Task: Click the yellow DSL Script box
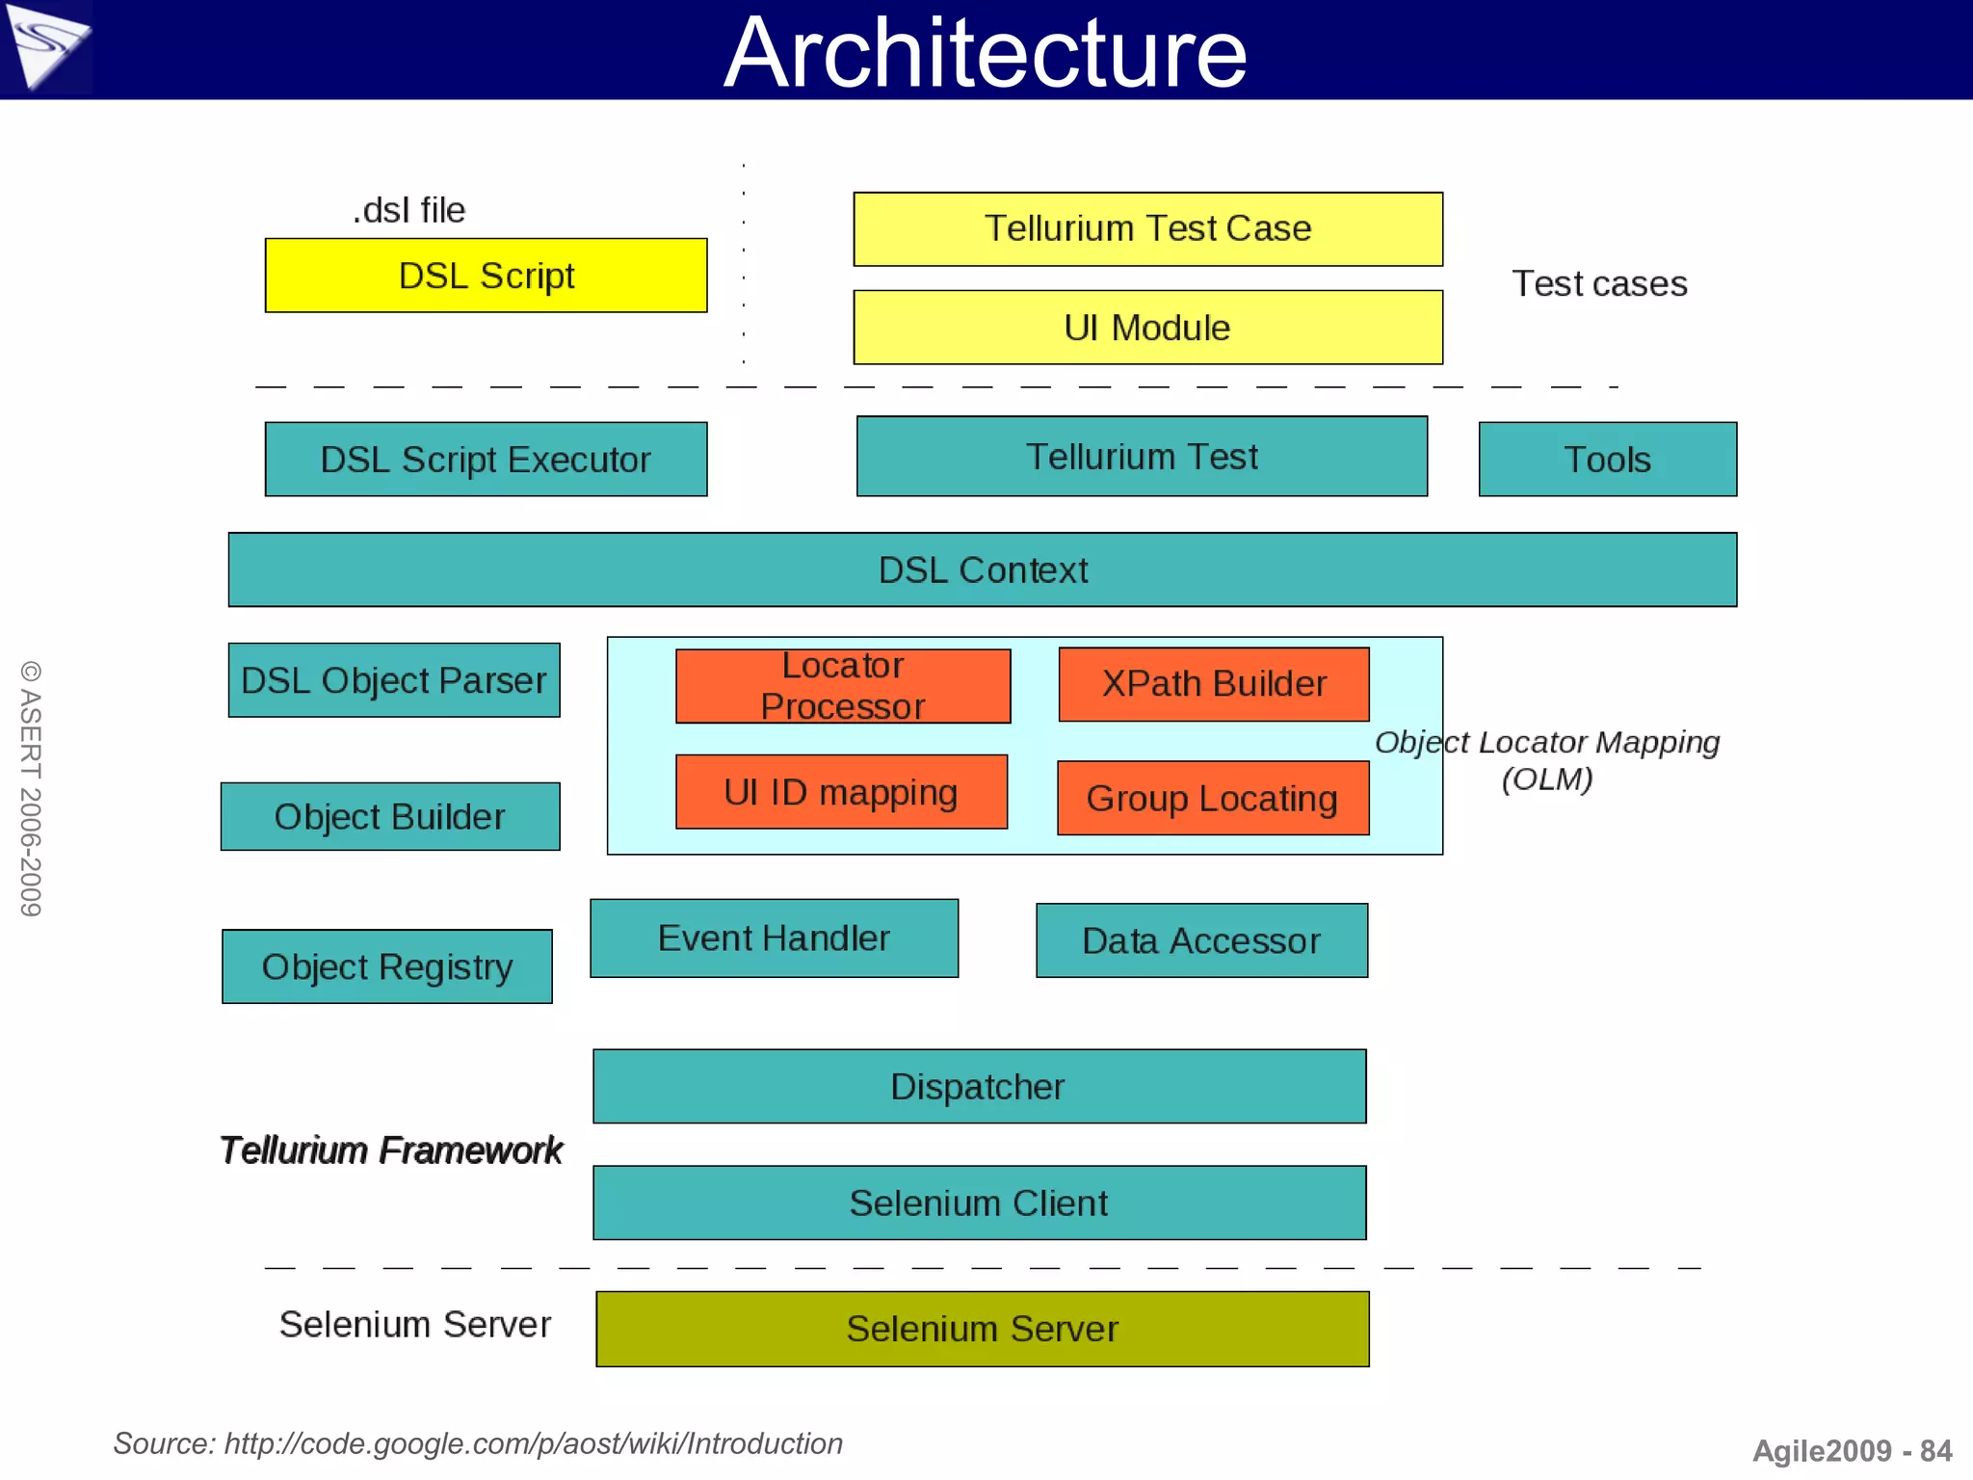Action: click(486, 276)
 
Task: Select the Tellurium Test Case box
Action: click(1147, 229)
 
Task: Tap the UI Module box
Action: click(1147, 328)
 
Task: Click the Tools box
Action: click(1607, 460)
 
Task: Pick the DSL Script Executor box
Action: click(486, 460)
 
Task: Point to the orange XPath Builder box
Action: click(1214, 684)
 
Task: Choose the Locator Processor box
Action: click(843, 686)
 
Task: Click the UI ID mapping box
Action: click(841, 792)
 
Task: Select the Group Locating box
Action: click(1212, 798)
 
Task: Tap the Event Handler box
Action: click(774, 938)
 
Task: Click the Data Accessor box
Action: click(1201, 940)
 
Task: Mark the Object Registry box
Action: click(386, 966)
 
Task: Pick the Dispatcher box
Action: click(979, 1087)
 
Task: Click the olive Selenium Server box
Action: click(982, 1329)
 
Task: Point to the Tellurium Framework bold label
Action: click(391, 1150)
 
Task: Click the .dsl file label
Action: click(408, 210)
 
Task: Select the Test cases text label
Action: click(1599, 283)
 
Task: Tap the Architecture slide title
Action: click(986, 52)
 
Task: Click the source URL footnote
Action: click(478, 1443)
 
